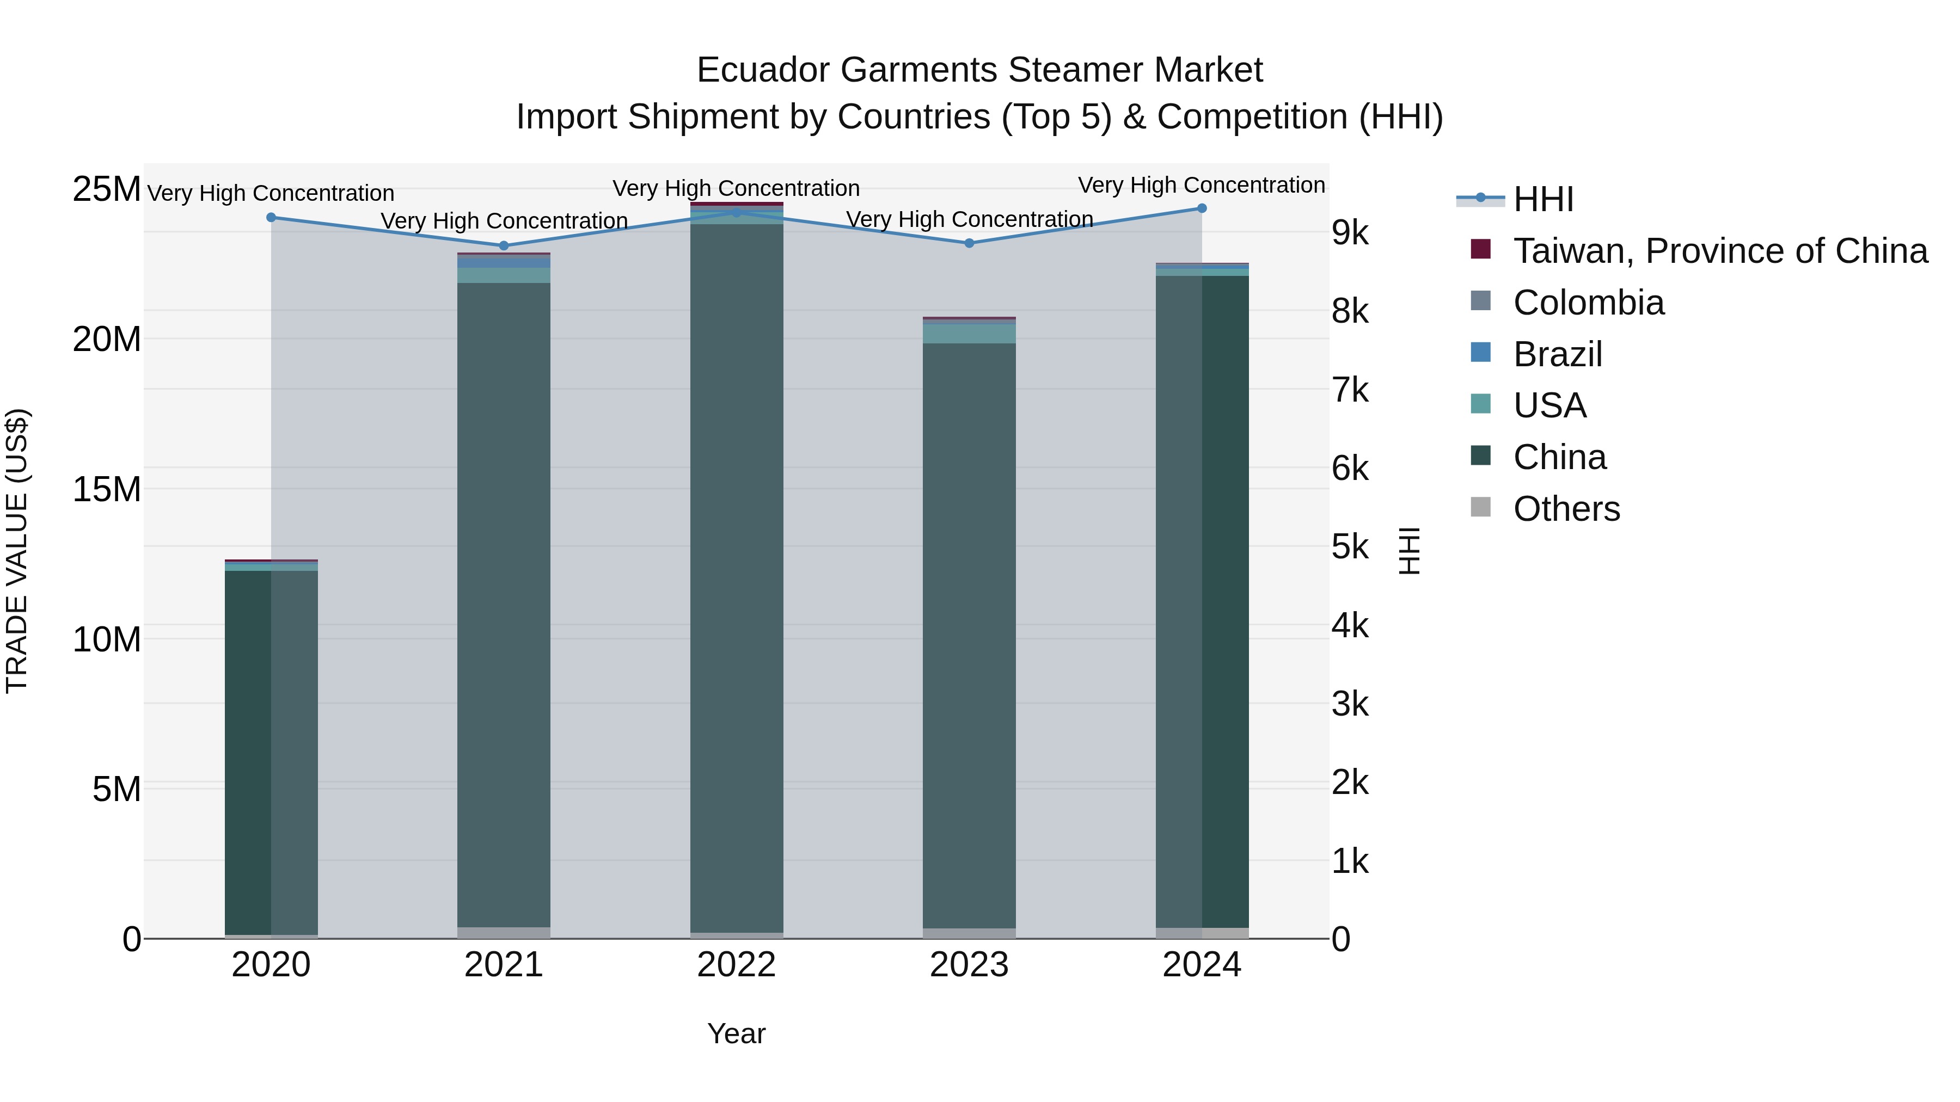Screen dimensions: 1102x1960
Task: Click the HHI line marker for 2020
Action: (271, 218)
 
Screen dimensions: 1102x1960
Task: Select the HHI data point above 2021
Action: (504, 245)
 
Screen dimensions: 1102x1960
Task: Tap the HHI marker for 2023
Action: (969, 243)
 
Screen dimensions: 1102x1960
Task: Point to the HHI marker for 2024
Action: (1202, 208)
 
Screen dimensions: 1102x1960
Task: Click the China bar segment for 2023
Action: (969, 635)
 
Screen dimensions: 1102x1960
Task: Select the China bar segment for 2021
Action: (504, 605)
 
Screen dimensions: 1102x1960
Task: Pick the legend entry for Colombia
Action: (1588, 303)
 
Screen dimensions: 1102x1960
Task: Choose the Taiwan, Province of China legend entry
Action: (1719, 251)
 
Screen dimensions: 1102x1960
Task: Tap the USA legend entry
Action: (1549, 405)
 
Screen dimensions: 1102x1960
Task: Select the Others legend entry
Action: (1566, 509)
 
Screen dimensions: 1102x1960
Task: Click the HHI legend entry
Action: (1542, 199)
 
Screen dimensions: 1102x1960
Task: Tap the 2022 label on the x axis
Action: (737, 965)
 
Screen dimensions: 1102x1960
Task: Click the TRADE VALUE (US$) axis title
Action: (17, 551)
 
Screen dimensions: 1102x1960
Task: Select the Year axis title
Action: (737, 1033)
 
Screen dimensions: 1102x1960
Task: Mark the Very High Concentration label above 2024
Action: (1202, 185)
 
